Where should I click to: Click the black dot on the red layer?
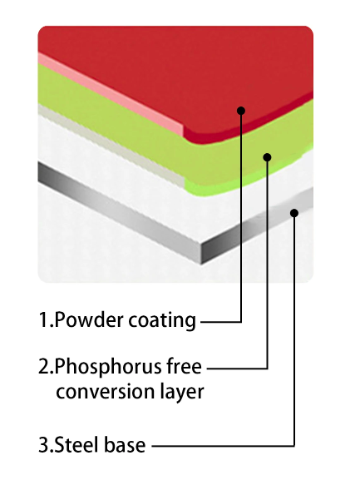coord(241,111)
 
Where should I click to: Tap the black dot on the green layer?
coord(268,157)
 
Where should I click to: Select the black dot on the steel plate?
coord(294,213)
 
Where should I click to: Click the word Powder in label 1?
coord(90,320)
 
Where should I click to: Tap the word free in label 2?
coord(184,366)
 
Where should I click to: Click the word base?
coord(124,445)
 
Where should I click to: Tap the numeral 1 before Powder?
coord(43,320)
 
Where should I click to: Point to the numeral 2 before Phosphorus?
coord(44,366)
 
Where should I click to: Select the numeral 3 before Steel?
coord(44,445)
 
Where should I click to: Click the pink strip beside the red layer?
coord(110,94)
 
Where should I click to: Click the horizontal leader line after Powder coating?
coord(221,322)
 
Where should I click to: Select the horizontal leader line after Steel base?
coord(223,446)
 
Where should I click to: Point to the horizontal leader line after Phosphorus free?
coord(237,369)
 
